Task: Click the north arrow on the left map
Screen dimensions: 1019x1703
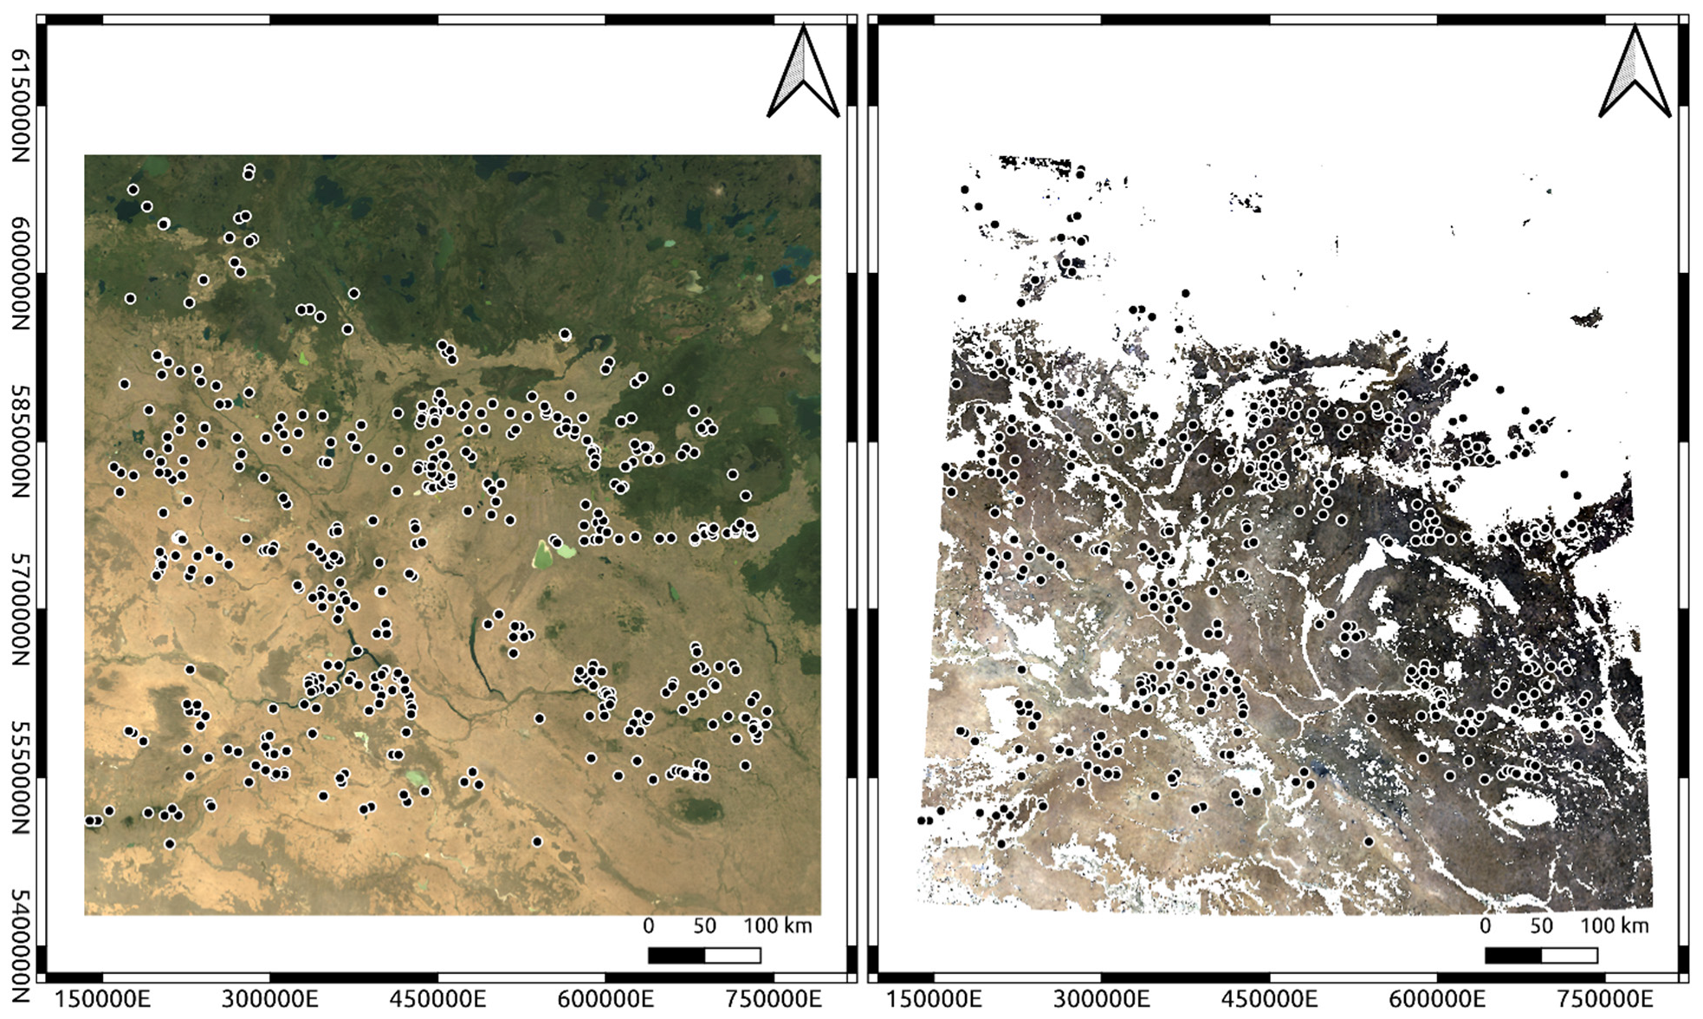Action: [x=803, y=73]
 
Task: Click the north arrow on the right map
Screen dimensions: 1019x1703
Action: [x=1634, y=73]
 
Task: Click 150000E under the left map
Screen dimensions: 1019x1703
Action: [x=102, y=999]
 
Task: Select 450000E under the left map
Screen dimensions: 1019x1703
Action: [x=437, y=999]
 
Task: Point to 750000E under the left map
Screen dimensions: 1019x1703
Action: [x=773, y=999]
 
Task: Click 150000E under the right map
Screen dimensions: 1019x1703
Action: [x=933, y=999]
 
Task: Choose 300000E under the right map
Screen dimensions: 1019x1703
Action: [x=1101, y=999]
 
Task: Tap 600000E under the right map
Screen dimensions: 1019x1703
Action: [x=1437, y=999]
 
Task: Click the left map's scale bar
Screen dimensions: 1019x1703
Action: [x=704, y=956]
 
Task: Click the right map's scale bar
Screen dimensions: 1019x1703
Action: [x=1541, y=956]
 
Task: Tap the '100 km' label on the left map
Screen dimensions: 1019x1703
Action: [x=778, y=926]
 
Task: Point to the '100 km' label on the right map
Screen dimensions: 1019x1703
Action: [x=1615, y=926]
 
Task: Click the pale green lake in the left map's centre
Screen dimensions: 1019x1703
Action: [x=543, y=555]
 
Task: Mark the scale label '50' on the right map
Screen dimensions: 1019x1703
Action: [x=1541, y=926]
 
